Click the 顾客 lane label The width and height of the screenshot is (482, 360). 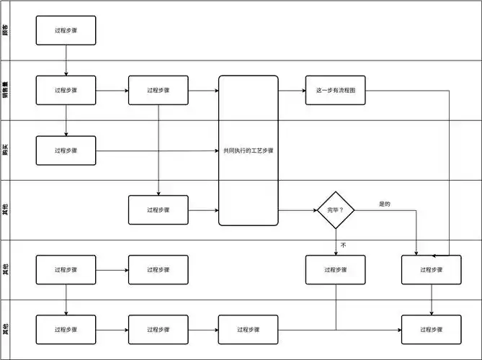point(6,31)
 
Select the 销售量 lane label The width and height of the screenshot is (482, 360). point(6,91)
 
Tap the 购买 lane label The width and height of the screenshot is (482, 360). point(6,150)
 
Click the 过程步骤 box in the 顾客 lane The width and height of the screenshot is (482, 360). point(66,31)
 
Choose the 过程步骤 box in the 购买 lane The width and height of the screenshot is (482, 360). point(66,150)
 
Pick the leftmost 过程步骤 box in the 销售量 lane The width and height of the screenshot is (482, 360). point(66,91)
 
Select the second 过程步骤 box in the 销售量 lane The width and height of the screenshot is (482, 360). point(158,91)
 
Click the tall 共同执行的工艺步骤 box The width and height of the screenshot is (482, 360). point(249,150)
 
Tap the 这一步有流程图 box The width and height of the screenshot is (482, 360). point(335,91)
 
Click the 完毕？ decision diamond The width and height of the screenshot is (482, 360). point(336,210)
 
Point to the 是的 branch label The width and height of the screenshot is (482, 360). point(384,204)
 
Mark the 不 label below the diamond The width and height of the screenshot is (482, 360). point(343,245)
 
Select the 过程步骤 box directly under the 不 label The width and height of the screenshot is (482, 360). point(336,269)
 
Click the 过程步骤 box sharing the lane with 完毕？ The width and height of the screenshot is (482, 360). point(158,210)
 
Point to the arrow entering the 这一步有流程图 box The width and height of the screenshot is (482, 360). point(292,91)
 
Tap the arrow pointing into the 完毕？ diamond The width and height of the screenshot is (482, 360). point(298,210)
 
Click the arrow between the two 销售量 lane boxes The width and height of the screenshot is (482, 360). point(112,91)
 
